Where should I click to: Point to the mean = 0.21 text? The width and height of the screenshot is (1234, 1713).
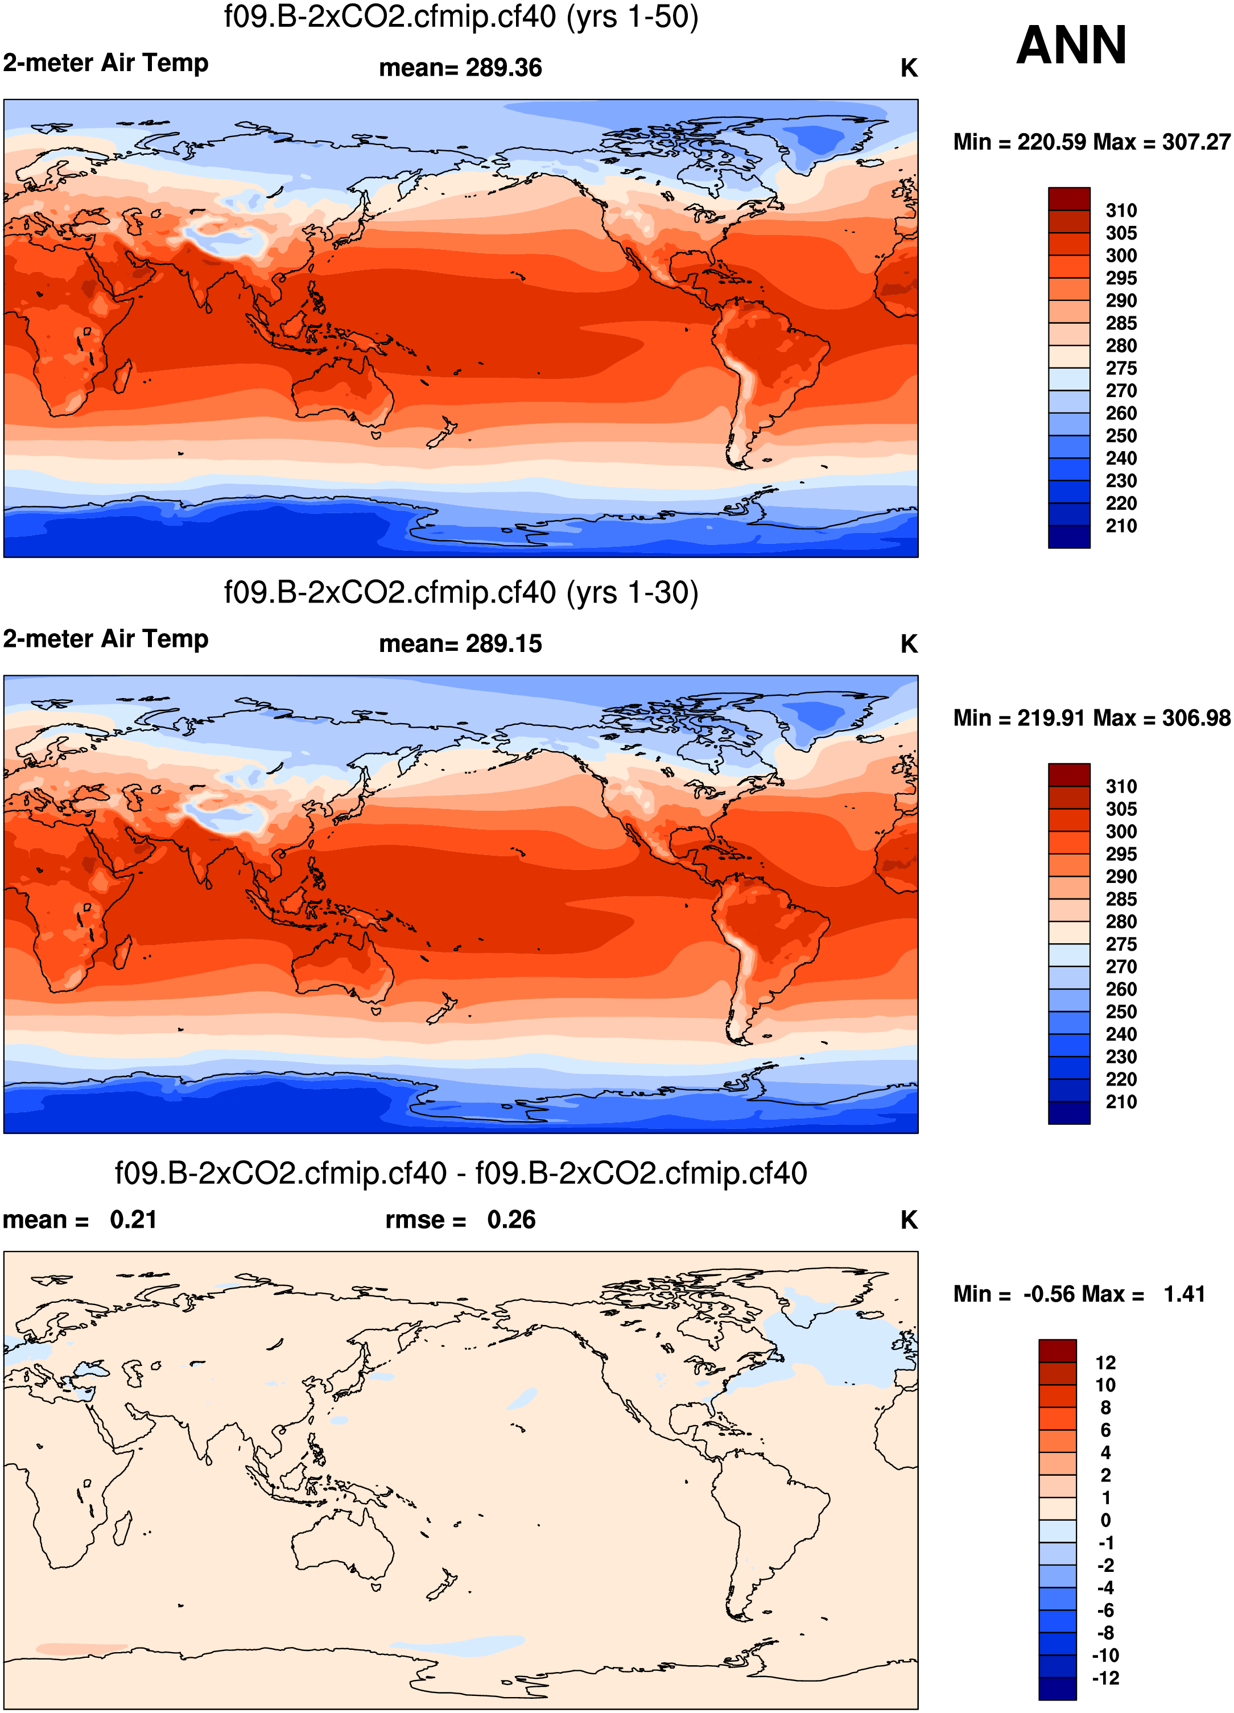tap(79, 1220)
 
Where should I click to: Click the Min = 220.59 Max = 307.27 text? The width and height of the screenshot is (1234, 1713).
tap(1091, 142)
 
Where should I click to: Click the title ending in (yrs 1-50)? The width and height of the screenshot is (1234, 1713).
tap(461, 16)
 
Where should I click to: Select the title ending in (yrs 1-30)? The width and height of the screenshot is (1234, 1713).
tap(461, 593)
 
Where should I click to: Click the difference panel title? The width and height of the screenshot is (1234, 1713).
tap(461, 1174)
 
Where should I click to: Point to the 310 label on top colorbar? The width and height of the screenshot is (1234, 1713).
tap(1121, 210)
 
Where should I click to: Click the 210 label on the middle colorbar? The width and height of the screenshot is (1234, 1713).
tap(1121, 1102)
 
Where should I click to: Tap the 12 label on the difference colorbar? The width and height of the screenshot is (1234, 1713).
tap(1105, 1363)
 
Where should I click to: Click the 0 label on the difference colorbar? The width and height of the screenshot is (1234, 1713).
tap(1105, 1520)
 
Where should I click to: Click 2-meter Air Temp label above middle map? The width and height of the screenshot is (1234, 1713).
tap(106, 639)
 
